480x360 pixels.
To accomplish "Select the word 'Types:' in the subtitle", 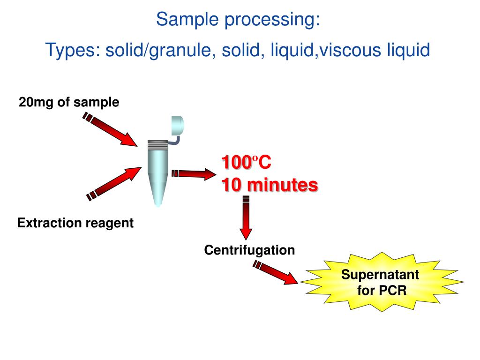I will [x=73, y=50].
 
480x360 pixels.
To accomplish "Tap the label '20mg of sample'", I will [x=69, y=102].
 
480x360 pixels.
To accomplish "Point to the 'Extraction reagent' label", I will [x=75, y=223].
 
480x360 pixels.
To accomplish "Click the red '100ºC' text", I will [x=247, y=163].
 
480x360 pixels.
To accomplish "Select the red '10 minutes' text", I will [x=270, y=185].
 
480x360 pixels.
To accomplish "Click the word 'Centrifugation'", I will [x=249, y=250].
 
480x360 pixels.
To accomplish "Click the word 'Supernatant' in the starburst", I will [x=380, y=274].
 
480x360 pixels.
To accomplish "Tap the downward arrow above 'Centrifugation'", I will [x=246, y=218].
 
